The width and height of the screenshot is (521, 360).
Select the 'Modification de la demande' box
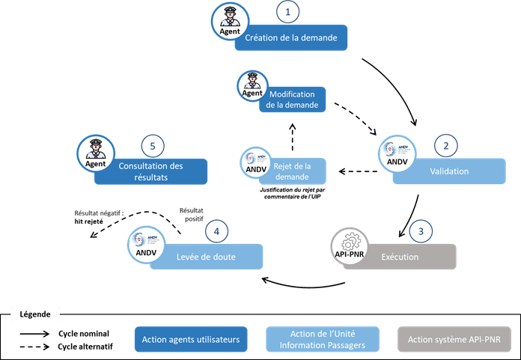294,100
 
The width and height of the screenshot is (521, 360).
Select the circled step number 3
421,231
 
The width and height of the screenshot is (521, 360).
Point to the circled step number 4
217,231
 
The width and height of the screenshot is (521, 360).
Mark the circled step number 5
153,144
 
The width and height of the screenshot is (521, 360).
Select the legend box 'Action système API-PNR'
458,339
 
